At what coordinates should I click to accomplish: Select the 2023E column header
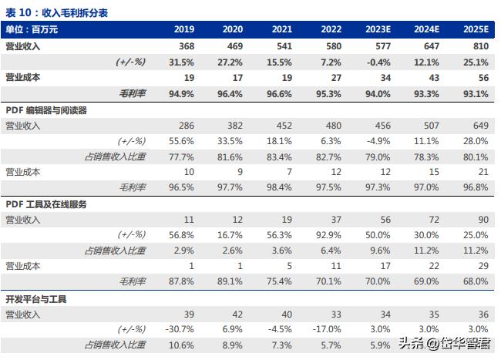(378, 29)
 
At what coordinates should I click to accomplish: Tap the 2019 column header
(183, 29)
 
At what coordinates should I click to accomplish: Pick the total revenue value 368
(185, 46)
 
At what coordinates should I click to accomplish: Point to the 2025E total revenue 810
(479, 46)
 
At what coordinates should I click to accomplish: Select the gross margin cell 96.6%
(281, 94)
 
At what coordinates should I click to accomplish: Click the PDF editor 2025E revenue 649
(479, 126)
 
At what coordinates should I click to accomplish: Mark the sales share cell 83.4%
(281, 157)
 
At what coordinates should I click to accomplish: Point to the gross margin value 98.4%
(281, 188)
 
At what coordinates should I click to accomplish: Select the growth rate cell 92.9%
(329, 235)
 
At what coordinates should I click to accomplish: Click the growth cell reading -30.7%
(182, 329)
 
